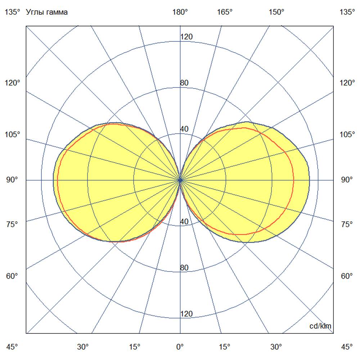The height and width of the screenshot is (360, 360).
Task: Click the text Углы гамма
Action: (47, 12)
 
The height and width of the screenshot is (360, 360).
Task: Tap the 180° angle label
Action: (180, 12)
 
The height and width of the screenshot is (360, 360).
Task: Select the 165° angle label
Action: (225, 12)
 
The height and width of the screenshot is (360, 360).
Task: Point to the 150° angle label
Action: (276, 12)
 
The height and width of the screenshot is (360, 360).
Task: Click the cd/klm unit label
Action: (320, 326)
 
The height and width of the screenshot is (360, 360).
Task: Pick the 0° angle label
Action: (180, 347)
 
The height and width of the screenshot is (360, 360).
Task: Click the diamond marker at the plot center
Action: (180, 180)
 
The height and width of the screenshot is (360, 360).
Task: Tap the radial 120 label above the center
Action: (186, 37)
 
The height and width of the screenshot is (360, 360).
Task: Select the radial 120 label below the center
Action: (186, 314)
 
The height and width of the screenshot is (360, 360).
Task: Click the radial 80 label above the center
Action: (184, 83)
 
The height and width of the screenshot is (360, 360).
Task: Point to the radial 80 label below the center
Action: (184, 268)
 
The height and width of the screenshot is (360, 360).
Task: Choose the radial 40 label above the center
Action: (184, 129)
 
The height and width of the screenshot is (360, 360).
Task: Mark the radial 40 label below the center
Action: (184, 222)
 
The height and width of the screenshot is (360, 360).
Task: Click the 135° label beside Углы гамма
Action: (13, 12)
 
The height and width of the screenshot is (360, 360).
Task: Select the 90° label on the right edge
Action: (347, 180)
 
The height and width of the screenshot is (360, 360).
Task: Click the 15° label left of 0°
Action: (135, 347)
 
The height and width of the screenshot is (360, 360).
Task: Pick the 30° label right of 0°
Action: (276, 347)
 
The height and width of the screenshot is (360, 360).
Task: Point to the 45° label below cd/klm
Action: (347, 347)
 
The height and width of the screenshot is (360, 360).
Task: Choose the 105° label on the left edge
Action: (13, 135)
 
